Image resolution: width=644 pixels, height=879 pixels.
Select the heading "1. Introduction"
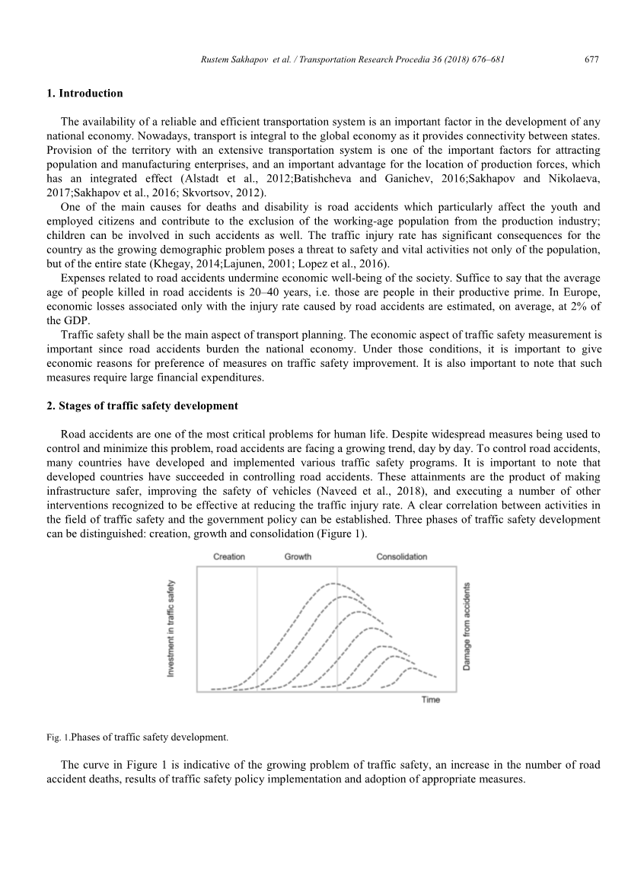[x=84, y=94]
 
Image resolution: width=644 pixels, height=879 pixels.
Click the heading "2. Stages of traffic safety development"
[x=142, y=406]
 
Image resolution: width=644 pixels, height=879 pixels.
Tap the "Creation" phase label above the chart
[x=229, y=556]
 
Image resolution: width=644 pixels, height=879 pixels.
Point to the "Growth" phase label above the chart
[x=298, y=556]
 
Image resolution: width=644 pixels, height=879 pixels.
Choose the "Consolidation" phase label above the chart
[x=402, y=556]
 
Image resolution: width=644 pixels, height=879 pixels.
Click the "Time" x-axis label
[x=431, y=699]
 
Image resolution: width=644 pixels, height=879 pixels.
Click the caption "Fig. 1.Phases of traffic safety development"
[x=138, y=737]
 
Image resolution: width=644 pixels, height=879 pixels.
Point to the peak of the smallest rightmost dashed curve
[x=412, y=668]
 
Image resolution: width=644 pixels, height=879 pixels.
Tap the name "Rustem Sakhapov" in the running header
[x=227, y=59]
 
